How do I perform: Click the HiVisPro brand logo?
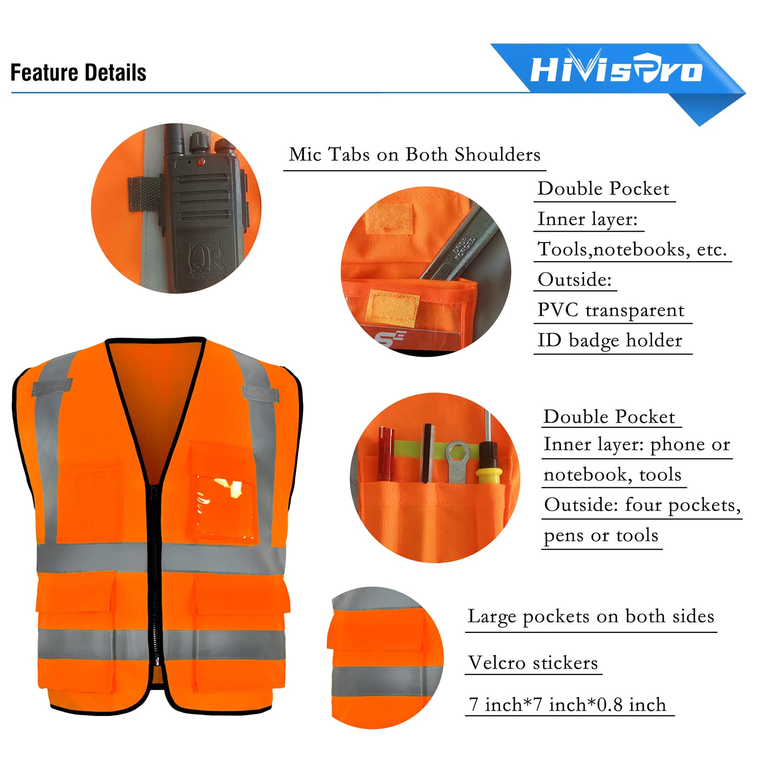[616, 70]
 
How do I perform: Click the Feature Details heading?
[78, 72]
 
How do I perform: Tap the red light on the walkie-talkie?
[201, 162]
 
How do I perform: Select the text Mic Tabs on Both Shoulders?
[415, 154]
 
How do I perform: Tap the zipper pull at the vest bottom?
[157, 661]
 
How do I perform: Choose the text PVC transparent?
[611, 310]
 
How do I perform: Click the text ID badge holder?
[610, 340]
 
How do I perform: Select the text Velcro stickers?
[533, 662]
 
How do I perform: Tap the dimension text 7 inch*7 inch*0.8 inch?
[568, 704]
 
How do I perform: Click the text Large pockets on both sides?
[591, 616]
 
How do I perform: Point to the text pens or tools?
[601, 535]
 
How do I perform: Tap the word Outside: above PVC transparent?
[575, 280]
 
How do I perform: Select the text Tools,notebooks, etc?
[632, 249]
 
